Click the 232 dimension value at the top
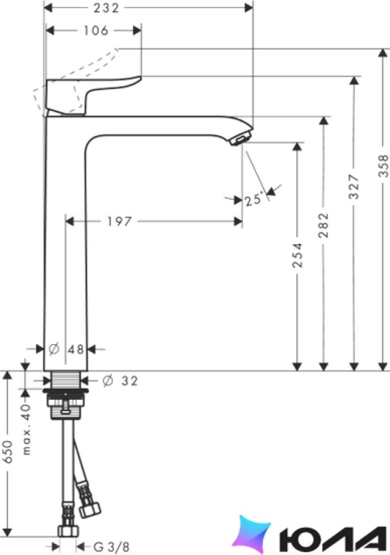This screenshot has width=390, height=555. (106, 8)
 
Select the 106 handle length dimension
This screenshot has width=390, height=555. (96, 31)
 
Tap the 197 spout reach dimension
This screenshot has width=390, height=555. (119, 222)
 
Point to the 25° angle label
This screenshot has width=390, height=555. (253, 200)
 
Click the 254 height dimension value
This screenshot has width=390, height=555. (297, 255)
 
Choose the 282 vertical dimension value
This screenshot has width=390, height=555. (323, 225)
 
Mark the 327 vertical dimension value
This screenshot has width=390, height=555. (354, 186)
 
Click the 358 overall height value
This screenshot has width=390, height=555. (383, 165)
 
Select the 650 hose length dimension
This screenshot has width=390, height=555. (8, 452)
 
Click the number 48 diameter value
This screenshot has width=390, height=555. (76, 350)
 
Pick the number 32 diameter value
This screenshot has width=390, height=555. (129, 381)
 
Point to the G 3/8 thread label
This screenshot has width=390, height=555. (111, 547)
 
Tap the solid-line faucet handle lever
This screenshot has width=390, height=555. (93, 95)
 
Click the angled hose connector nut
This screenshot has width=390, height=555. (90, 510)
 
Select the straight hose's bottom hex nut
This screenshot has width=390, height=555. (68, 531)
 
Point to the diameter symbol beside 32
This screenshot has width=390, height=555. (107, 381)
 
